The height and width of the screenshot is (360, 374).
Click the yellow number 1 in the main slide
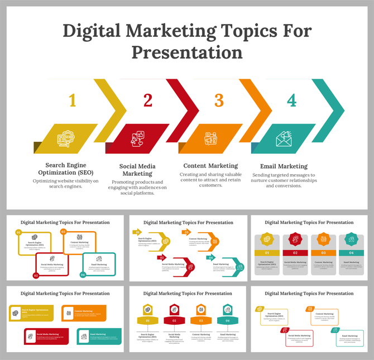tap(72, 100)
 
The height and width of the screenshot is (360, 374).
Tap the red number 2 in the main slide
tap(147, 100)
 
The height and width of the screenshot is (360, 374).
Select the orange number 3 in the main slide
tap(219, 100)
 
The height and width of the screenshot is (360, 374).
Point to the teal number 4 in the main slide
tap(291, 100)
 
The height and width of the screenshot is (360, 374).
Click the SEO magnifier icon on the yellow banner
tap(67, 138)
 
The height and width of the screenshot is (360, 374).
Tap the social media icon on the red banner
tap(138, 138)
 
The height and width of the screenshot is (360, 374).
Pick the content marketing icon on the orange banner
tap(212, 138)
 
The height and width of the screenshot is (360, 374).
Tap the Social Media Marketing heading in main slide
tap(137, 170)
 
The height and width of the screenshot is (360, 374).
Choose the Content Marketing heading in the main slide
tap(210, 166)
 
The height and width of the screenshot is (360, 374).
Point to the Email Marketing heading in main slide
tap(284, 166)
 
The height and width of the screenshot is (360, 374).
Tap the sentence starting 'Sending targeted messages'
tap(284, 180)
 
